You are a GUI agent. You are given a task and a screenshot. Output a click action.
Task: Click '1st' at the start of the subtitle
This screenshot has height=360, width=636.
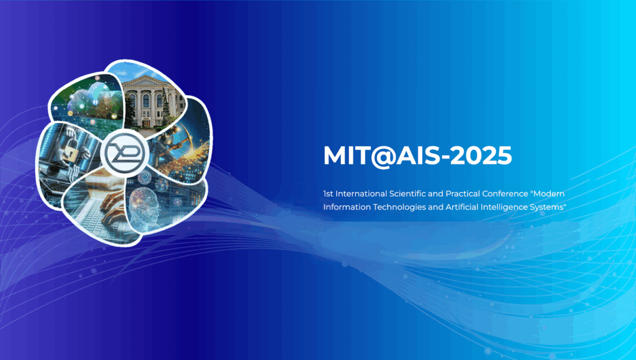328,194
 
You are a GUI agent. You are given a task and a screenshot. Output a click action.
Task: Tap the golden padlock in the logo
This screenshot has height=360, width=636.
71,152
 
